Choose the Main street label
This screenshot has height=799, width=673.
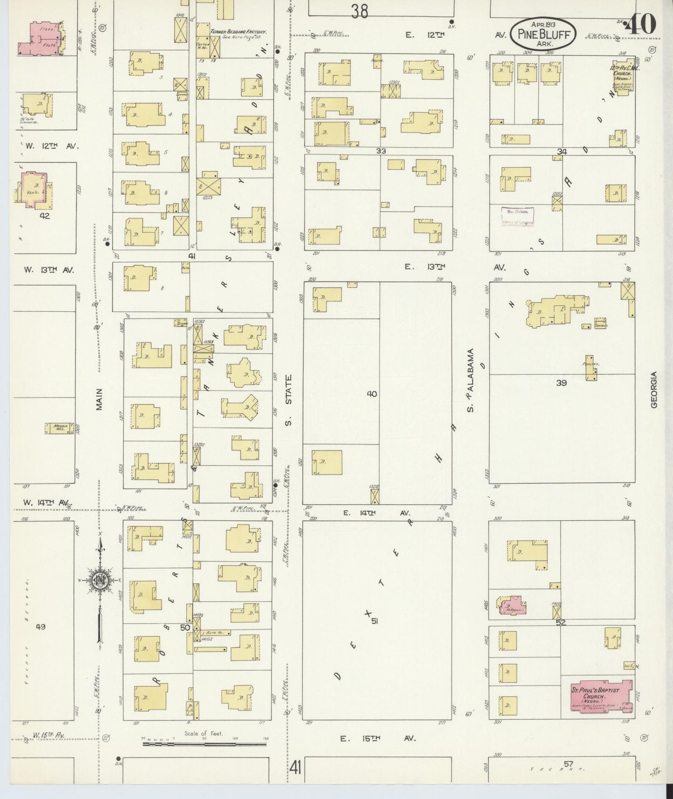tap(99, 399)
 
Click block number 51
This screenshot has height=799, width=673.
tap(374, 621)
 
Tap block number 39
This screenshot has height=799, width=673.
tap(561, 383)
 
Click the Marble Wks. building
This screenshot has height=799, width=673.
tap(59, 428)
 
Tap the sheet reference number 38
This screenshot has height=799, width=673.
tap(360, 11)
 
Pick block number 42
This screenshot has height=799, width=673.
tap(44, 216)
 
